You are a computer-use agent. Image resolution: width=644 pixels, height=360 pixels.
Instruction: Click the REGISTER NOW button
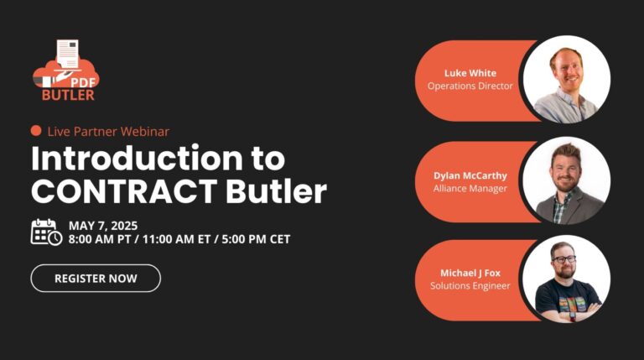coord(96,279)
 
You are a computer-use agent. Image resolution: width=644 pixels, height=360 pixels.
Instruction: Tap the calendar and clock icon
coord(46,232)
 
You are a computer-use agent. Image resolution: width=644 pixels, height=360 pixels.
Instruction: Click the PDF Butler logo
coord(66,70)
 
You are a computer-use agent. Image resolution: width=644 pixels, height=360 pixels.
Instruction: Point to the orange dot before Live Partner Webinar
coord(36,131)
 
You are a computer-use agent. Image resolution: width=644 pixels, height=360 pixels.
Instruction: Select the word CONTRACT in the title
coord(124,191)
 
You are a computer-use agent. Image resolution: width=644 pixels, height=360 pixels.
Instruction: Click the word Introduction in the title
coord(138,159)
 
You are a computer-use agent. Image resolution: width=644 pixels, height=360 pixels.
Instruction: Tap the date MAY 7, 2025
coord(103,226)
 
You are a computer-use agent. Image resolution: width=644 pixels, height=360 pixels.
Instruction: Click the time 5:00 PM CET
coord(256,239)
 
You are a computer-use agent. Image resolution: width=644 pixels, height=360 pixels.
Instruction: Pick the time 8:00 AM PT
coord(100,239)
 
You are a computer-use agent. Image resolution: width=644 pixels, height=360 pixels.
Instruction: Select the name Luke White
coord(470,73)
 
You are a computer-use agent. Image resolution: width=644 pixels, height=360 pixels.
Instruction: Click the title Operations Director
coord(470,86)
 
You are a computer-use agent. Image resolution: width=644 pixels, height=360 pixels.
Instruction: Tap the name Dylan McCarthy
coord(470,176)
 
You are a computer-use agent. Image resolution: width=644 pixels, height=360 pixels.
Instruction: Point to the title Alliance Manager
coord(470,189)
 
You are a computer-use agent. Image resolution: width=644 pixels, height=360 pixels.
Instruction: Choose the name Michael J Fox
coord(470,273)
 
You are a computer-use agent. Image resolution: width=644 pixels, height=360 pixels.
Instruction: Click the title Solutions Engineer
coord(470,285)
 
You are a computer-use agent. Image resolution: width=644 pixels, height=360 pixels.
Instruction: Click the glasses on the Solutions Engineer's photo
coord(564,259)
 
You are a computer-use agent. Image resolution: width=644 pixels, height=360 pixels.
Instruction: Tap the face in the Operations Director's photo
coord(567,69)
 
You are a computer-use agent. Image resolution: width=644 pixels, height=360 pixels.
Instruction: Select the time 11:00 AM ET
coord(177,239)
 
